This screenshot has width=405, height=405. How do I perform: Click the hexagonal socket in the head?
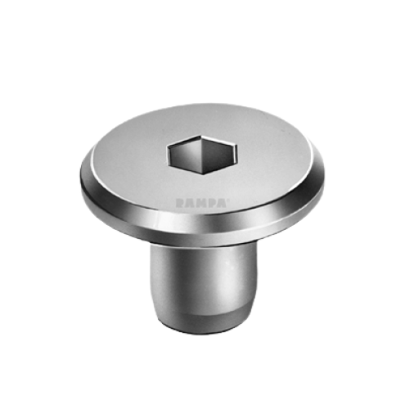pos(202,155)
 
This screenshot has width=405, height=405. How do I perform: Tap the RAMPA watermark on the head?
pos(202,203)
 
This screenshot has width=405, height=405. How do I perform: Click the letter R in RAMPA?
pos(180,203)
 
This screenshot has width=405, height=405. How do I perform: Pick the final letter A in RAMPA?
pos(221,203)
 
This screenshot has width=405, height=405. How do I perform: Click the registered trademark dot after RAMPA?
pos(227,200)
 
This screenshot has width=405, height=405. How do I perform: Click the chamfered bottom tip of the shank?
pos(203,323)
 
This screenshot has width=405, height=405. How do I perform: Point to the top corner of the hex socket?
pos(201,135)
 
